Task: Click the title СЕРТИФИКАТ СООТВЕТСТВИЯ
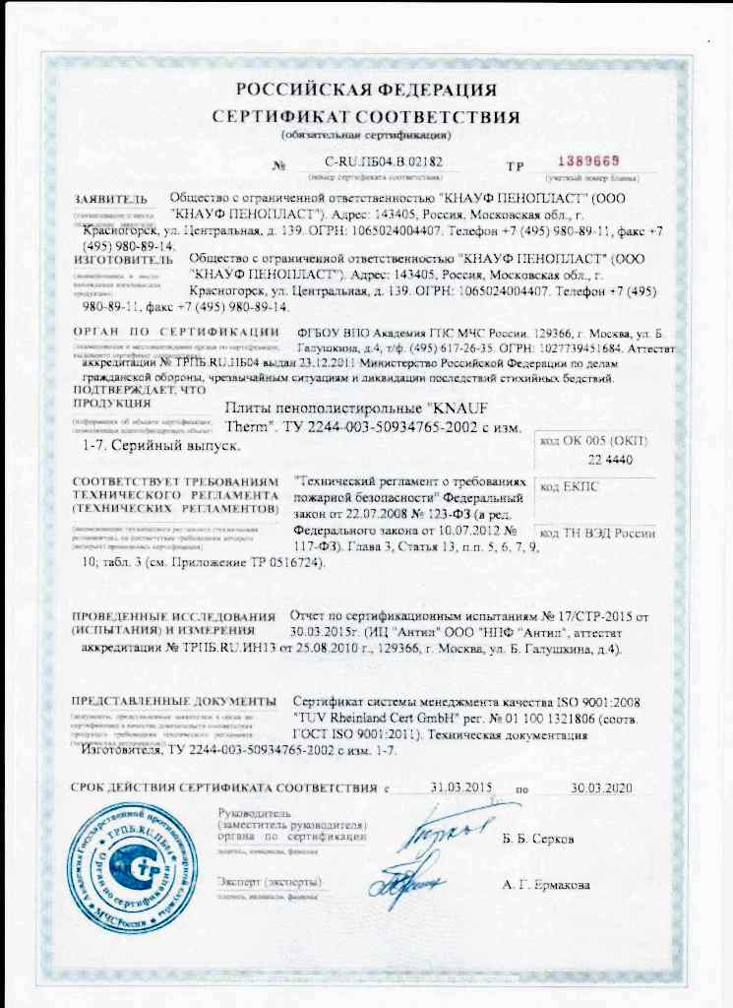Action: [x=365, y=116]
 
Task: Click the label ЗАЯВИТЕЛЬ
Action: [x=110, y=200]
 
